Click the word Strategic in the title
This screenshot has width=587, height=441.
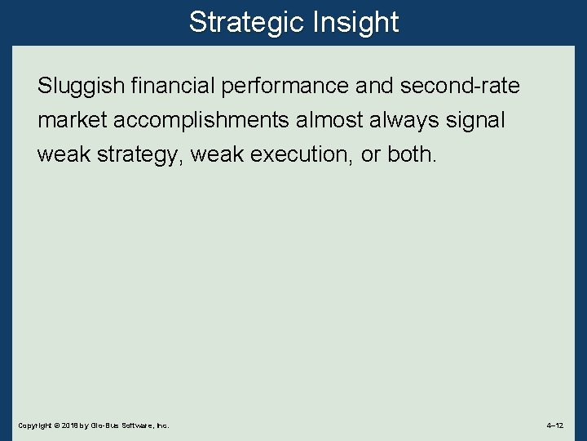pos(245,22)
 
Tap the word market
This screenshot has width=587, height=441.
pos(72,120)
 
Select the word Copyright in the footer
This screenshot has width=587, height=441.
pos(33,426)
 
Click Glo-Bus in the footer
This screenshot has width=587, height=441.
pos(104,426)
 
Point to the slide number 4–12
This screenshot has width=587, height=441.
pos(555,426)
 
